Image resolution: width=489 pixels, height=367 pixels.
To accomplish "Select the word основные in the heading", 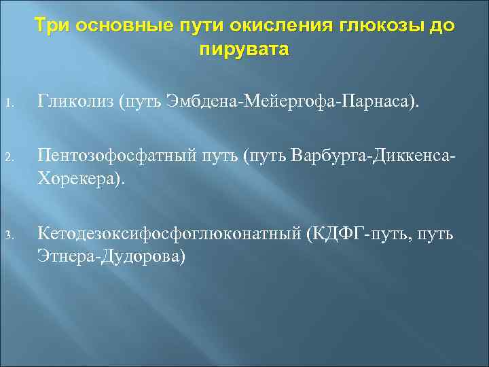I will point(117,27).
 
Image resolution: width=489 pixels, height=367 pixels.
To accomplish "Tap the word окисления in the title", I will point(278,27).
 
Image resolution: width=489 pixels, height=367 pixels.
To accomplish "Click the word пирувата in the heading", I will point(244,50).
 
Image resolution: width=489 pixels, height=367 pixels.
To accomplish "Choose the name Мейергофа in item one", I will point(288,103).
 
